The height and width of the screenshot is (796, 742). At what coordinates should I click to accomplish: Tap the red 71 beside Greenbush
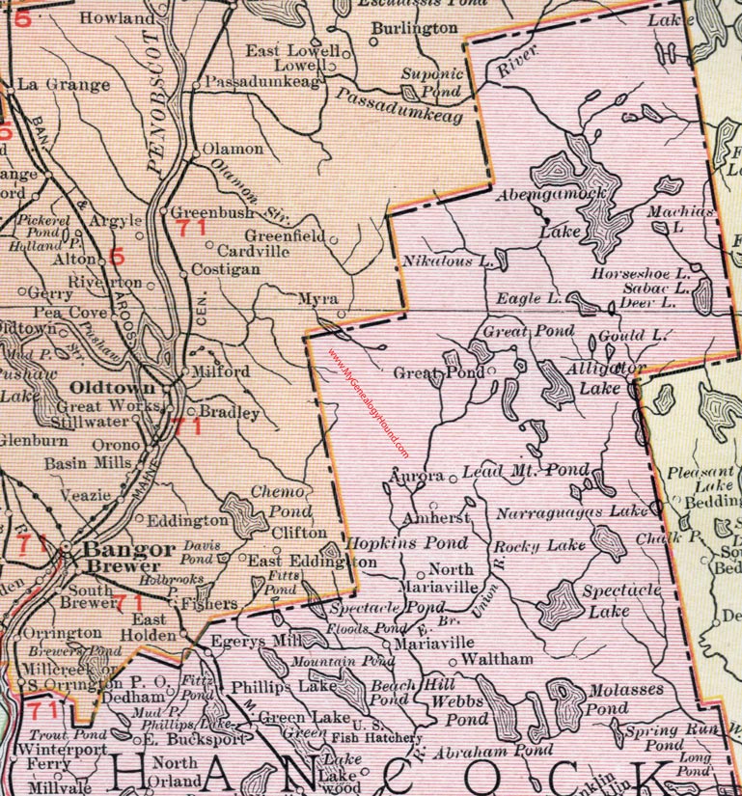tap(191, 230)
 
